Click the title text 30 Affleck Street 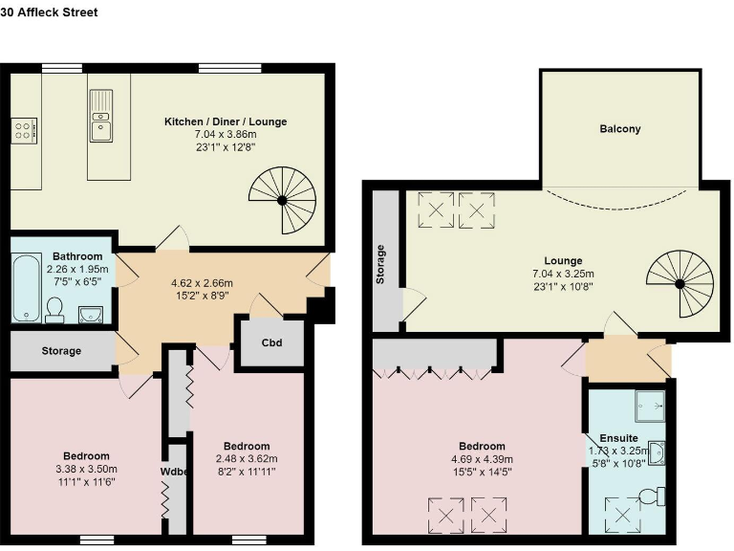point(49,12)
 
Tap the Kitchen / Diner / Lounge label point(226,121)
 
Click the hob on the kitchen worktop point(23,129)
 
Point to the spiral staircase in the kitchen point(282,198)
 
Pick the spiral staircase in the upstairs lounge point(680,281)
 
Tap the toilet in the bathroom point(54,308)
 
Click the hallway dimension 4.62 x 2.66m point(202,283)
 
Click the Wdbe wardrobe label point(176,471)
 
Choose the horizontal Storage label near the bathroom point(61,351)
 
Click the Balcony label point(620,129)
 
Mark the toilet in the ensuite point(653,496)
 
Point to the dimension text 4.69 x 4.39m point(482,458)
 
